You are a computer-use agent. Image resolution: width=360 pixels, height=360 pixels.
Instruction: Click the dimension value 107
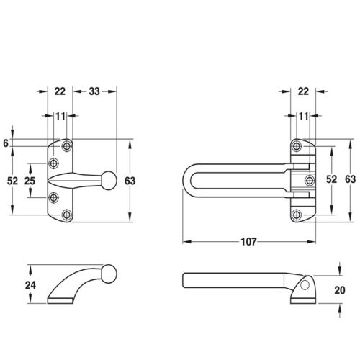point(248,242)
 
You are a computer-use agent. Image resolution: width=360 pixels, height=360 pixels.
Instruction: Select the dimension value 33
point(94,91)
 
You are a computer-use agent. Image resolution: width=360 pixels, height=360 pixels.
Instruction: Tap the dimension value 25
point(30,181)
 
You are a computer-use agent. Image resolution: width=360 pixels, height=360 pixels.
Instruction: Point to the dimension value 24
point(30,285)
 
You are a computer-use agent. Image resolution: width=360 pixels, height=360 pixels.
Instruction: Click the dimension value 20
point(340,290)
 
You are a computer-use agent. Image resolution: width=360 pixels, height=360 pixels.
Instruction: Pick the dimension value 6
point(6,143)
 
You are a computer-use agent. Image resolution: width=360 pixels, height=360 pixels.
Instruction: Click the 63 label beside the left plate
point(130,181)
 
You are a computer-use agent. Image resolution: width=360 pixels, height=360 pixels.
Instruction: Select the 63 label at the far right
point(350,179)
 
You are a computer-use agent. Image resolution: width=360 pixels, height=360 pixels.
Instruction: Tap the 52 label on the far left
point(12,181)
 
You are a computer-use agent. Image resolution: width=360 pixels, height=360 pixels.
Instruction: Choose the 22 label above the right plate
point(303,91)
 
